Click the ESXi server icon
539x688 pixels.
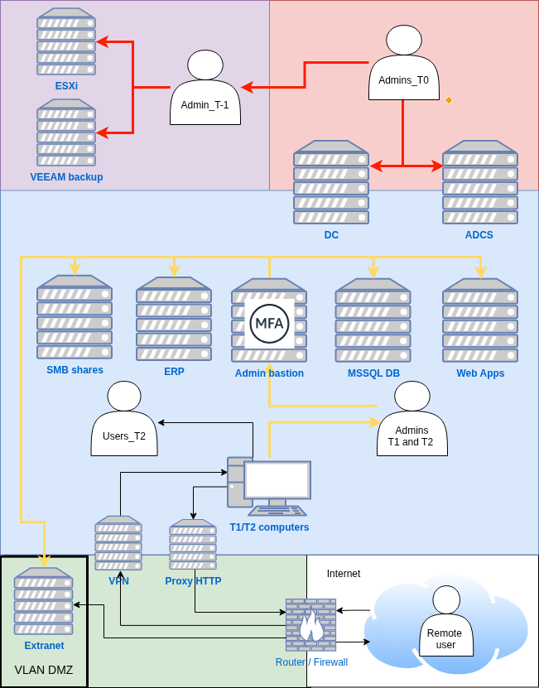(65, 41)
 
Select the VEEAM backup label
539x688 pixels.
(66, 176)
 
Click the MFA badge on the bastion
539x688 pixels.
(269, 323)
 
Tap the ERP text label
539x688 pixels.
(174, 372)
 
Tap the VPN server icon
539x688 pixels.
(118, 543)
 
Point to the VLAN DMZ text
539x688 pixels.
(44, 669)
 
